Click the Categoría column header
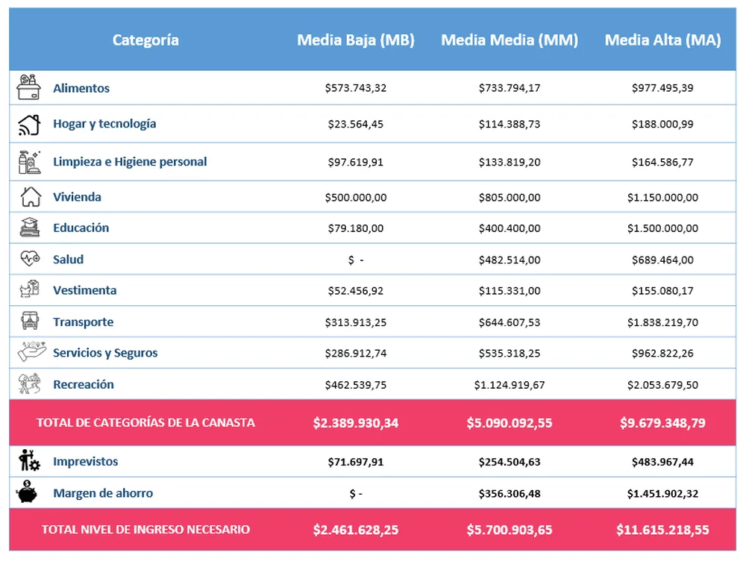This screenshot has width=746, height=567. (145, 40)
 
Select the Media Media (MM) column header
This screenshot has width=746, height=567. (510, 40)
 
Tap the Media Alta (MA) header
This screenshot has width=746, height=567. (662, 40)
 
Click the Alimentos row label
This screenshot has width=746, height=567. (81, 88)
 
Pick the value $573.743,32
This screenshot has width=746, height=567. (356, 88)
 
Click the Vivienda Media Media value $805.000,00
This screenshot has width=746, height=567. (510, 198)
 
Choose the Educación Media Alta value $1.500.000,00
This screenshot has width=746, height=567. (662, 228)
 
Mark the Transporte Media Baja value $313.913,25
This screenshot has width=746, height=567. (356, 322)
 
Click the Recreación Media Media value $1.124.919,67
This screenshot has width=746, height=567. (510, 385)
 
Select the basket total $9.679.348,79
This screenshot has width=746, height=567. (662, 423)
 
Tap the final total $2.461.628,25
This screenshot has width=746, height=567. (356, 530)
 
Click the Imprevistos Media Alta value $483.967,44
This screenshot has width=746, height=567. (662, 463)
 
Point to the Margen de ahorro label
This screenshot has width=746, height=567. (103, 493)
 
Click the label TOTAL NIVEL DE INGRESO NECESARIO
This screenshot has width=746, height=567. (145, 530)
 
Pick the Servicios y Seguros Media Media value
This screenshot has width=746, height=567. (510, 353)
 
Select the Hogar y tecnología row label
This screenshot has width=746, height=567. (104, 124)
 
